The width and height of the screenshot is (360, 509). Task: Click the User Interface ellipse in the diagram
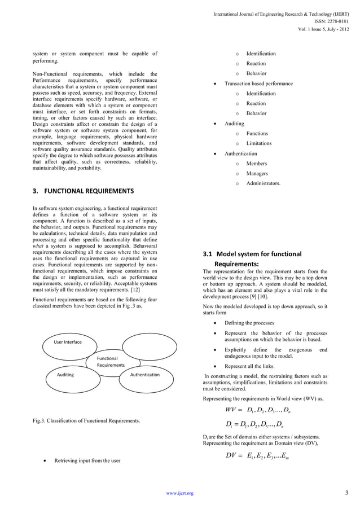coord(68,342)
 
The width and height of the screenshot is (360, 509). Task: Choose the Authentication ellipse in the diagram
coord(144,375)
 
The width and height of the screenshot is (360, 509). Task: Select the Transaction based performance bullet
coord(258,84)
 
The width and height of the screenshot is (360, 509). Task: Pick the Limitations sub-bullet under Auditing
coord(258,143)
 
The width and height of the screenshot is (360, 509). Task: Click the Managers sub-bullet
coord(257,173)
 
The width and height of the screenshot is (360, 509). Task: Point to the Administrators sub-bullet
coord(263,183)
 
